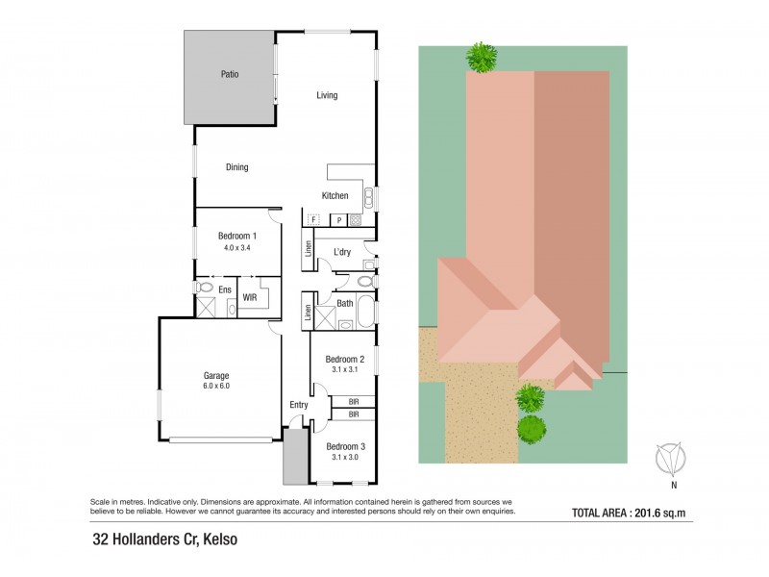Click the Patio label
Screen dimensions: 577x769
(229, 74)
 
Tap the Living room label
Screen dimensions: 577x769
(327, 95)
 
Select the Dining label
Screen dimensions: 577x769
(236, 167)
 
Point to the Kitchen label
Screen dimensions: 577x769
(335, 196)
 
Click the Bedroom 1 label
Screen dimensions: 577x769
(236, 237)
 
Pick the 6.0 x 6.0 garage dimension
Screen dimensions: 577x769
(216, 386)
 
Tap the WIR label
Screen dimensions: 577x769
(250, 298)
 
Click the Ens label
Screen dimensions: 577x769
(225, 288)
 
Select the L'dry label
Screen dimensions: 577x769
(342, 253)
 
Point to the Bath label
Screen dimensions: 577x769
(344, 304)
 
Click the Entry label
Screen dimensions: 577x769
(299, 405)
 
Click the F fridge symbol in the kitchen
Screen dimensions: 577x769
(313, 220)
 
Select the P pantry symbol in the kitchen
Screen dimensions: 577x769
(338, 220)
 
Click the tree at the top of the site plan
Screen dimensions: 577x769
(482, 58)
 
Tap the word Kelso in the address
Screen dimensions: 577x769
(217, 540)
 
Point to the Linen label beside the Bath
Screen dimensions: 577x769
(308, 312)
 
